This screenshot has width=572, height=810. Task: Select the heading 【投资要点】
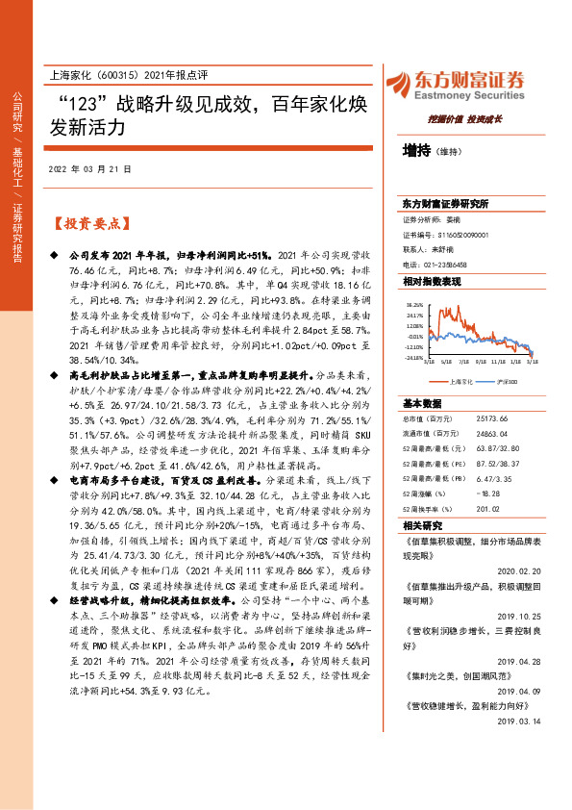[x=87, y=224]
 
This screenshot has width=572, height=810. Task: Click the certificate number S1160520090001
[x=462, y=234]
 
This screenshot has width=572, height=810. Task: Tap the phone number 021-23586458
[x=447, y=264]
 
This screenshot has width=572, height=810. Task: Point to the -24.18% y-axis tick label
[x=414, y=357]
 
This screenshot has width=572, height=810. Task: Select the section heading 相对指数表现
[x=432, y=281]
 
